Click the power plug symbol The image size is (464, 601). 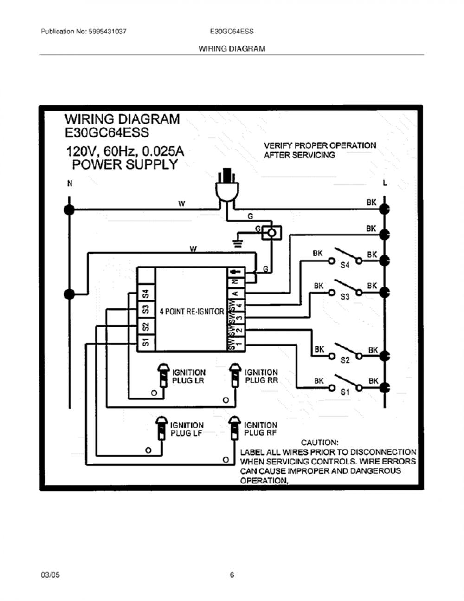pyautogui.click(x=227, y=185)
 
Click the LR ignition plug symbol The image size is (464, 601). pyautogui.click(x=163, y=375)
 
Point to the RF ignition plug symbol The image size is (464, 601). pyautogui.click(x=234, y=428)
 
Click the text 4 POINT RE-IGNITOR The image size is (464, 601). pyautogui.click(x=192, y=312)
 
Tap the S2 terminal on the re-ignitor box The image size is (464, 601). pyautogui.click(x=146, y=327)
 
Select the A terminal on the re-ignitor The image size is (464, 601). pyautogui.click(x=236, y=293)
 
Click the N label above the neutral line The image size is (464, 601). pyautogui.click(x=70, y=183)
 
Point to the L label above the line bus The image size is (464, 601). pyautogui.click(x=385, y=183)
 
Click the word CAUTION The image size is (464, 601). pyautogui.click(x=319, y=443)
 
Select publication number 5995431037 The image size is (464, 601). pyautogui.click(x=108, y=32)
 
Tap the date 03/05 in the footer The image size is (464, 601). pyautogui.click(x=50, y=575)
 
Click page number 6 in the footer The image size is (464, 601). pyautogui.click(x=232, y=575)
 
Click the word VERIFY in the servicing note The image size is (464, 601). pyautogui.click(x=277, y=145)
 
